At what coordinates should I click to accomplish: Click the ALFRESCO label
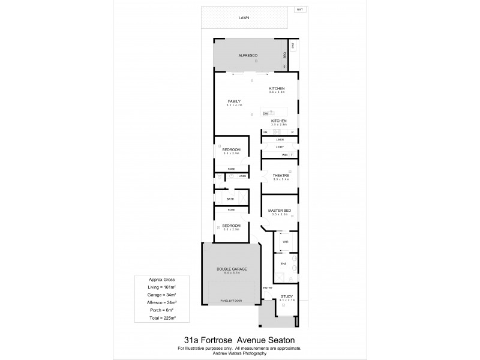click(248, 55)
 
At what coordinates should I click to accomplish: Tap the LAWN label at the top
click(244, 18)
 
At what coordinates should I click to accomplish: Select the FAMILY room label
click(233, 101)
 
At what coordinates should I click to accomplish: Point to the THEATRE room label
click(281, 175)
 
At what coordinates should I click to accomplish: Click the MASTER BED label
click(281, 209)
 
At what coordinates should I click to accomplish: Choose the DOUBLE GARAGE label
click(232, 268)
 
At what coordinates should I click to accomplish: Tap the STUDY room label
click(286, 296)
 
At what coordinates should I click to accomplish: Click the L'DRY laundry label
click(280, 147)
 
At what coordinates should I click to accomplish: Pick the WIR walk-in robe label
click(286, 242)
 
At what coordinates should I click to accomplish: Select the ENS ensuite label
click(284, 262)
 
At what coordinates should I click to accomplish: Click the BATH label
click(230, 198)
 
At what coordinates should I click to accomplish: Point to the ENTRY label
click(268, 289)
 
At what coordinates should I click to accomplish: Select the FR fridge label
click(265, 131)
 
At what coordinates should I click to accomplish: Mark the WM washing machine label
click(284, 155)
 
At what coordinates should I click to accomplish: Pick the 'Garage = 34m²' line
click(161, 295)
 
